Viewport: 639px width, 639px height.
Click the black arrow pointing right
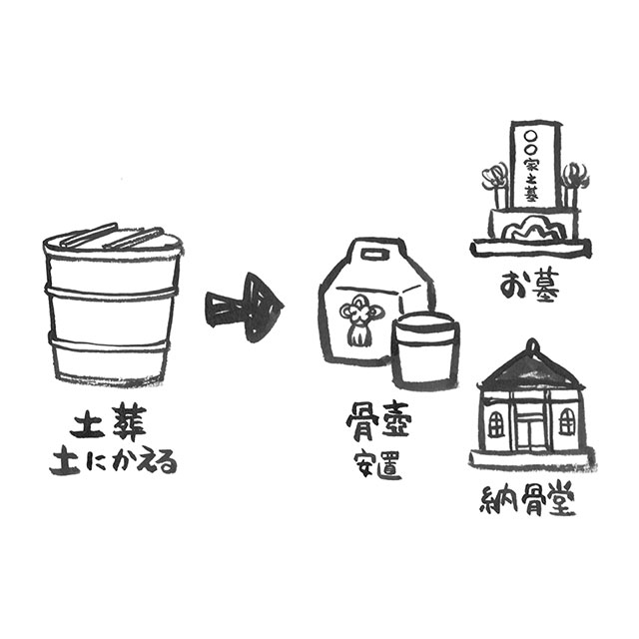click(x=245, y=307)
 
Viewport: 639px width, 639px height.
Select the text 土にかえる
click(x=113, y=463)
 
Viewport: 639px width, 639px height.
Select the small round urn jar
click(x=424, y=351)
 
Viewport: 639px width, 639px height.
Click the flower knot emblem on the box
click(x=356, y=319)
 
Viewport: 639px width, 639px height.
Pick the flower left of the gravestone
click(x=494, y=183)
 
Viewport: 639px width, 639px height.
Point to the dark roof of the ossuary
click(x=531, y=370)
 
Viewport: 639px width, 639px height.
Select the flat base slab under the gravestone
click(x=531, y=247)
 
